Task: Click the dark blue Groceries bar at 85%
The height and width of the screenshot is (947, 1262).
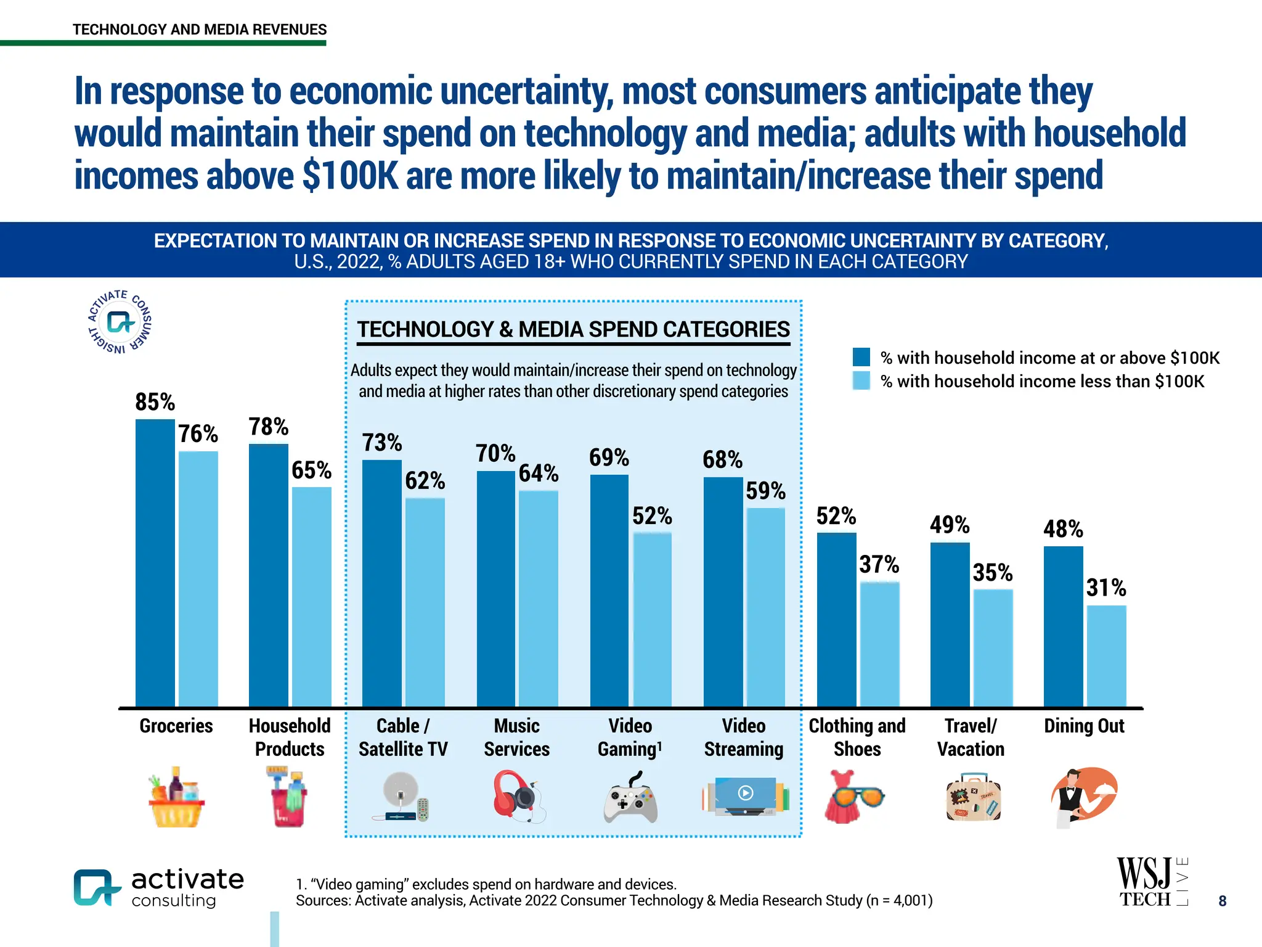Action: (155, 562)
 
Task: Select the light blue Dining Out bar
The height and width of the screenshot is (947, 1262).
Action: (1106, 656)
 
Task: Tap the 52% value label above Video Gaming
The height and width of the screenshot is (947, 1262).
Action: (652, 516)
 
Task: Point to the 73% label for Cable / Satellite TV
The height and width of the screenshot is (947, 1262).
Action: (382, 443)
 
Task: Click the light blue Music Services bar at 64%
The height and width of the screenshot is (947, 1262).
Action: (538, 598)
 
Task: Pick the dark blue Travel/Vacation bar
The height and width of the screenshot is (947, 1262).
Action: (950, 624)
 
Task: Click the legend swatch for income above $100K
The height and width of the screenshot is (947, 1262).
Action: (861, 357)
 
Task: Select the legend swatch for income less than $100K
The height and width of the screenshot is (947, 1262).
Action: (861, 380)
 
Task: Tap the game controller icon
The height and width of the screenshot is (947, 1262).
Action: (630, 797)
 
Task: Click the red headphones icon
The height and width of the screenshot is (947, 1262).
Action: (518, 795)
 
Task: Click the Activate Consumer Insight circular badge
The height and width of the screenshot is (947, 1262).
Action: (120, 322)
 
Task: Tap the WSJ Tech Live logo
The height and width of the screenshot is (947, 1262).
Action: (1151, 882)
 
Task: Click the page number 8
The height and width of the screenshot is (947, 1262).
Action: (1223, 901)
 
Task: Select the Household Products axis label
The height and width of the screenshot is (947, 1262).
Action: (290, 737)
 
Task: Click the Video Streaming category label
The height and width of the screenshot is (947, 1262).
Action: (743, 737)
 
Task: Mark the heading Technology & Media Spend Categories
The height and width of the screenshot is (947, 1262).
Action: (573, 329)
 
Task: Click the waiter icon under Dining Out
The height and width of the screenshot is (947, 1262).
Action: (1083, 795)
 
